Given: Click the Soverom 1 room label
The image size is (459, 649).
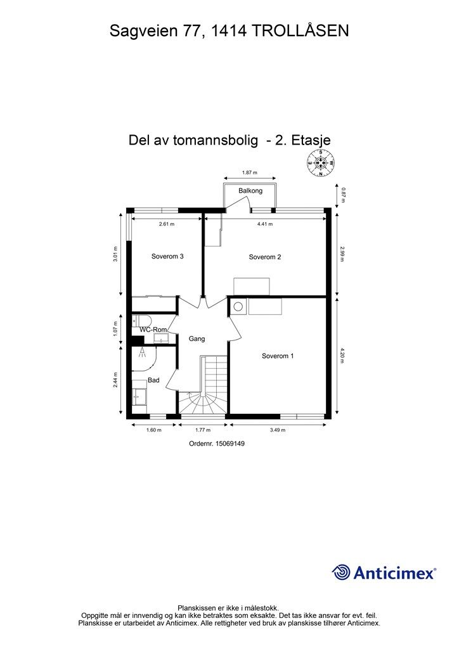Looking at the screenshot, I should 278,356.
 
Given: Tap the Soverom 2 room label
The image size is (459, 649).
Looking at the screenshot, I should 265,257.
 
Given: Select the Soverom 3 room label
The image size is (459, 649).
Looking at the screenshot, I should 167,257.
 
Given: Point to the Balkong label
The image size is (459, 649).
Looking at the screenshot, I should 250,191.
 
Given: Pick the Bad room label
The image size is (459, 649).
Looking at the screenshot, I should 153,380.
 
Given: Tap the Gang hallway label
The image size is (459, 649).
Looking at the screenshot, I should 197,339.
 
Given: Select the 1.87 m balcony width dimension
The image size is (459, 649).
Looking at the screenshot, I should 250,172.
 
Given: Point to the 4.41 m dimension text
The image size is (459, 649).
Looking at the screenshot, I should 266,224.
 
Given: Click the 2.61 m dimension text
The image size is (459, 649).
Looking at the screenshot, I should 166,224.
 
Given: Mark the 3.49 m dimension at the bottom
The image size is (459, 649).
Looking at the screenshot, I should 277,430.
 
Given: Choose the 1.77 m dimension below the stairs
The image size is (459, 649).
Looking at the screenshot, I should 203,430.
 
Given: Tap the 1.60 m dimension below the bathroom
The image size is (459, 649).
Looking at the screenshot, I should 153,430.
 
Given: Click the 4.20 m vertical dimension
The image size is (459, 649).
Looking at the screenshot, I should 342,355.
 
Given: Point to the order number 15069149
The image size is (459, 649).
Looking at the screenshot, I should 217,444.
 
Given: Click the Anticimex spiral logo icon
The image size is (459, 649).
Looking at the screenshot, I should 341,572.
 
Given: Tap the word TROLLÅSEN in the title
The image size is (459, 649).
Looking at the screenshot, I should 302,30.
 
